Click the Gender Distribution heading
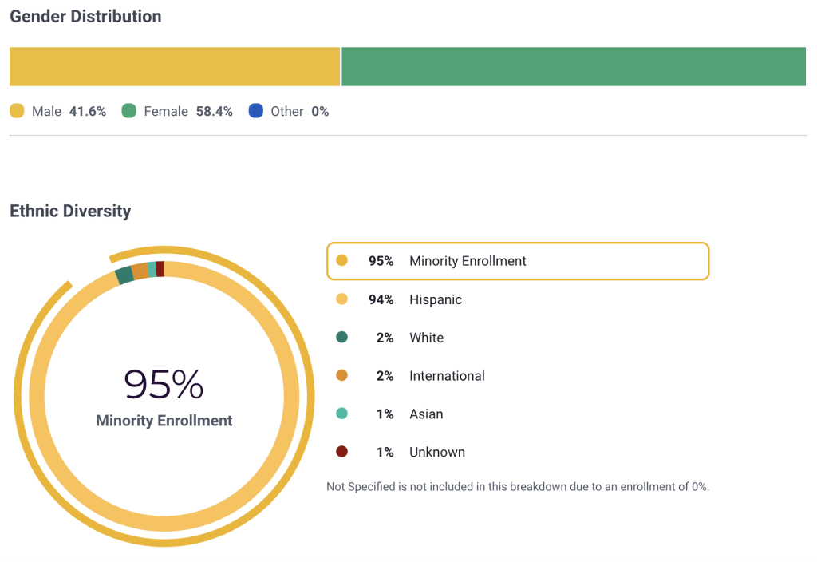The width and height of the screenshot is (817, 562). tap(85, 16)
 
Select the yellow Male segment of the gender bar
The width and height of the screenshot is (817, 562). tap(175, 66)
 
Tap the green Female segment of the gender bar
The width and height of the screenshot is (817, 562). tap(574, 66)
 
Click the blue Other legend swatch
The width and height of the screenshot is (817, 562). tap(256, 111)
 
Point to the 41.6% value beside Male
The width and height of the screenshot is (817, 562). tap(88, 112)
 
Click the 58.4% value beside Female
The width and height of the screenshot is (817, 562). tap(214, 112)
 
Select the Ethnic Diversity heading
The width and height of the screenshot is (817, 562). tap(70, 212)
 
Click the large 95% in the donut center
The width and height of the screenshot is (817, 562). tap(164, 385)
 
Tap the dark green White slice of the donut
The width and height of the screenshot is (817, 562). tap(124, 275)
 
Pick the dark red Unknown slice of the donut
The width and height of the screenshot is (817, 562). tap(160, 269)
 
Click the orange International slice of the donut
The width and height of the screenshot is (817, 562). tap(140, 271)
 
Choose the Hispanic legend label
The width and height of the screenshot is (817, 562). tap(436, 299)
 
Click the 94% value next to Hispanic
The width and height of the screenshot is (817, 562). tap(381, 299)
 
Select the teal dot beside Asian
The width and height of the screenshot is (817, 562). tap(342, 414)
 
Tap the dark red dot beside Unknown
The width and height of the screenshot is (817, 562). tap(342, 452)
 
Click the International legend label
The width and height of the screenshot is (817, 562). tap(447, 376)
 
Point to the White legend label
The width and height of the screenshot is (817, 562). tap(426, 338)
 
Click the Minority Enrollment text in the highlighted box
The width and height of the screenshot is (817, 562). tap(468, 261)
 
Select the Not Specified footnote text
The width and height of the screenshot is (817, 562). tap(518, 486)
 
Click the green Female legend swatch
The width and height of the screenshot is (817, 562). tap(129, 111)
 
